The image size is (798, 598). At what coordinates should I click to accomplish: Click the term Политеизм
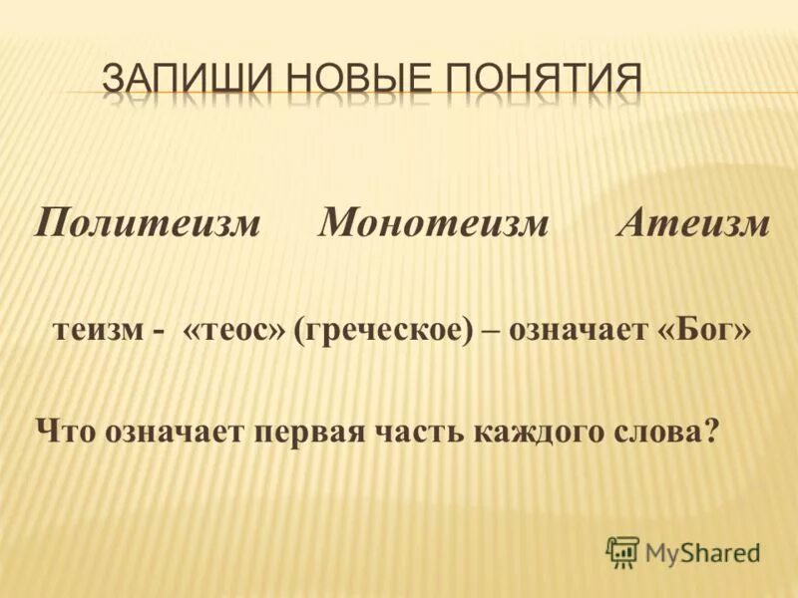tap(148, 224)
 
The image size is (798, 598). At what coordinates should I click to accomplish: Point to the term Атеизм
tap(693, 224)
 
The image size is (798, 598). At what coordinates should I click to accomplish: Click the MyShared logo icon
tap(622, 550)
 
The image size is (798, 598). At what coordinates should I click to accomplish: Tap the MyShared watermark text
tap(702, 551)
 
